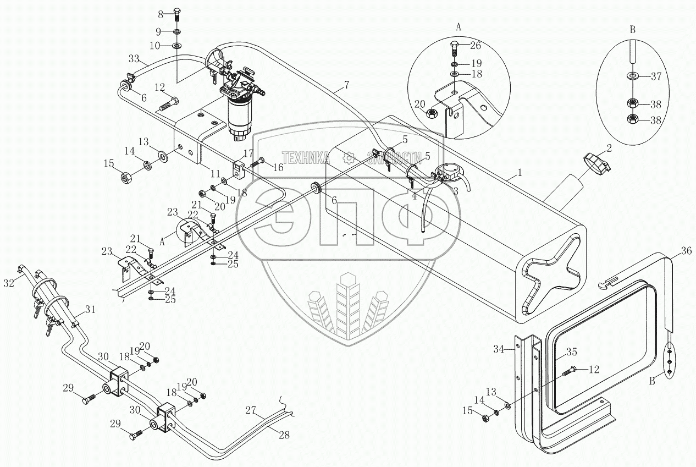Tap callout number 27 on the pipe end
tap(251, 409)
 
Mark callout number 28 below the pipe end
tap(284, 434)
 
